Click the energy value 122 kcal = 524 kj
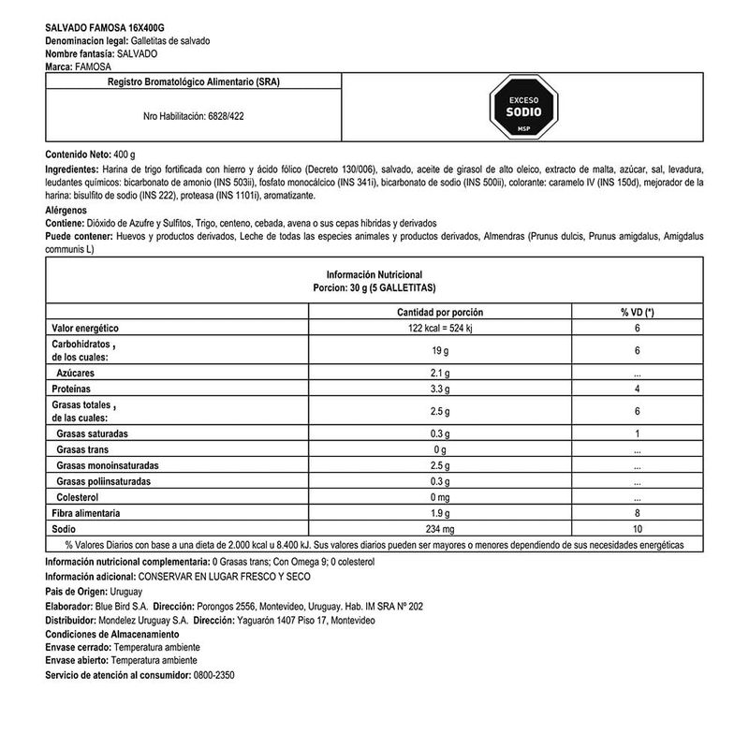coord(433,328)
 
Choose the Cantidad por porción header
coord(433,312)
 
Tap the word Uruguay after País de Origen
coord(126,593)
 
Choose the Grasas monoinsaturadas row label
coord(108,465)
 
